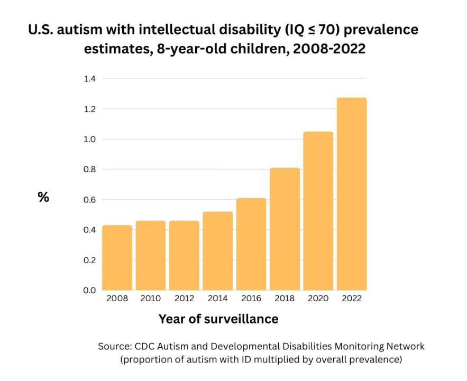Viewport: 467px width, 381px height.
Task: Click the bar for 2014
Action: (217, 251)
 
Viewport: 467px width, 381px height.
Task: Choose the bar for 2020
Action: (318, 211)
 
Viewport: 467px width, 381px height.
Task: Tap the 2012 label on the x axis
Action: (184, 299)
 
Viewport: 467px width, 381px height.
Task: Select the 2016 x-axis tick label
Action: (251, 299)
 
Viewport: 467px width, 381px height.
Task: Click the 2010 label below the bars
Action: (151, 299)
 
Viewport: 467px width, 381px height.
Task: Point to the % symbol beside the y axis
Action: (43, 198)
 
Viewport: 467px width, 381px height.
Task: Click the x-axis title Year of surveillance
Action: (218, 319)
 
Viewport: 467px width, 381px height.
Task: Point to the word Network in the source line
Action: (405, 347)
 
